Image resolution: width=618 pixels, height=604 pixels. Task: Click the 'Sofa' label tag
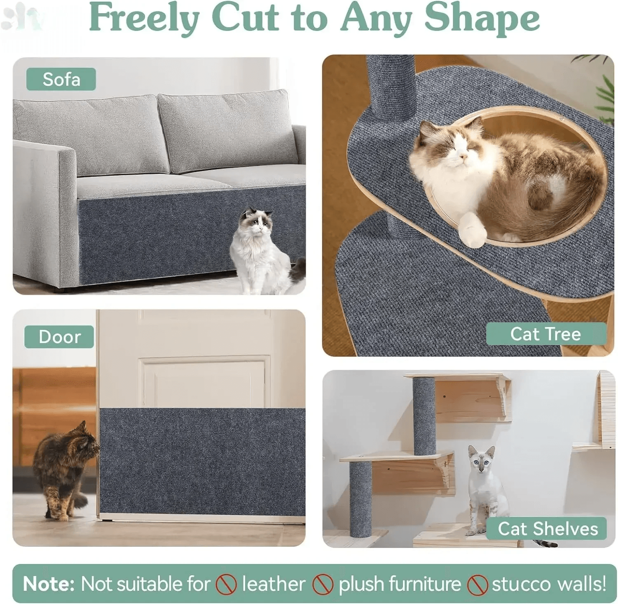pos(61,79)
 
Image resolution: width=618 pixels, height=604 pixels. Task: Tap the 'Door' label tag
pos(59,337)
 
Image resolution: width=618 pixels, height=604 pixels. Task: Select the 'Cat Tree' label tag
pos(545,334)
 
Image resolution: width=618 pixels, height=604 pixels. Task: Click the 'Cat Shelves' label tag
pos(547,529)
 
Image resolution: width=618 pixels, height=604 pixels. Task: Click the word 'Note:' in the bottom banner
pos(49,584)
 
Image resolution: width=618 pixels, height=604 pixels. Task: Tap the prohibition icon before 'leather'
pos(226,585)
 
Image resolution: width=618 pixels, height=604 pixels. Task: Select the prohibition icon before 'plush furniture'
pos(323,585)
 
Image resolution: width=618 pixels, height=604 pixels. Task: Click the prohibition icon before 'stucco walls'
pos(478,585)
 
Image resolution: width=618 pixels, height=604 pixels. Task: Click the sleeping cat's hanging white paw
pos(473,231)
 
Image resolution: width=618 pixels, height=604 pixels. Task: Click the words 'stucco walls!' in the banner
pos(549,584)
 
